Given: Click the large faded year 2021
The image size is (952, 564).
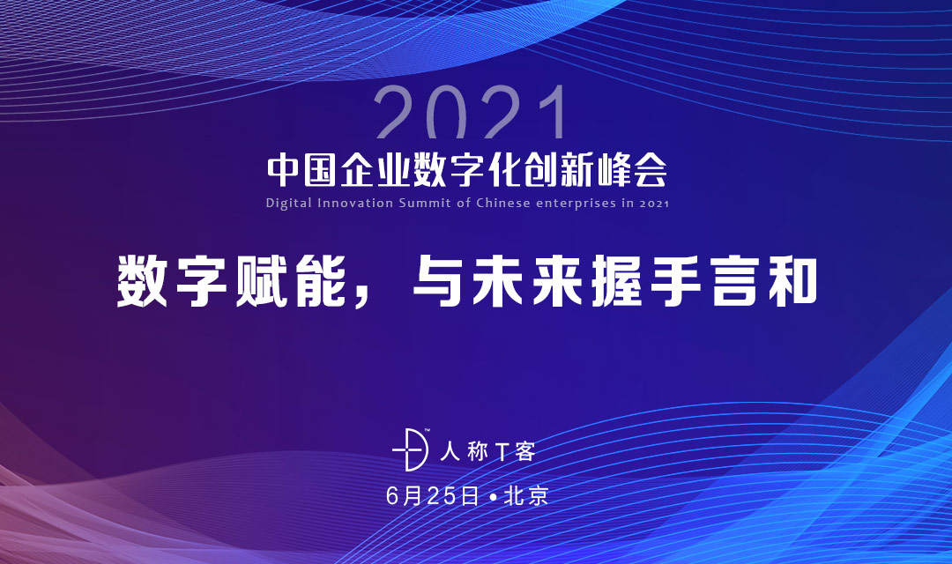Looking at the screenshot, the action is [472, 112].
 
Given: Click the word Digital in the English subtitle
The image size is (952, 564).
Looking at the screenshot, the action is [288, 204].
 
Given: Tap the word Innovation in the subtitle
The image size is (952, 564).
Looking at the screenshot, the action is [355, 203].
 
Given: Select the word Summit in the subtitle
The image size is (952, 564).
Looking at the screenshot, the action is [424, 203].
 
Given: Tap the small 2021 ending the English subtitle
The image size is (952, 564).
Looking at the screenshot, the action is [654, 204].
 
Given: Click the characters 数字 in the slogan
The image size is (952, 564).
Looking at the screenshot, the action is [172, 281].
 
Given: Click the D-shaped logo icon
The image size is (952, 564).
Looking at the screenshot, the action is [411, 449].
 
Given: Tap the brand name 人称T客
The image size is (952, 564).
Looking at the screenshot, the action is [487, 451].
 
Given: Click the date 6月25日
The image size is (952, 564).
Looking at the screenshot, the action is [432, 496].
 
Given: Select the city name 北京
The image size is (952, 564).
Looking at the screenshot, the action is [525, 496].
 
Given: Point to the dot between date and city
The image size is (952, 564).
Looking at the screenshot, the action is [492, 497].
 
